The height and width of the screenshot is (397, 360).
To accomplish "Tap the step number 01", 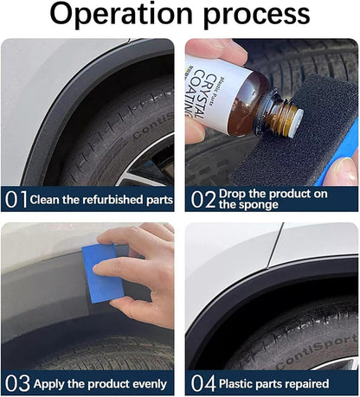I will [16, 200].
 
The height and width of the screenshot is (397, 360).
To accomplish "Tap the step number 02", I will [202, 200].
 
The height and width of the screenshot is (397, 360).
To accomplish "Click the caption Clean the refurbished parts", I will [101, 200].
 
